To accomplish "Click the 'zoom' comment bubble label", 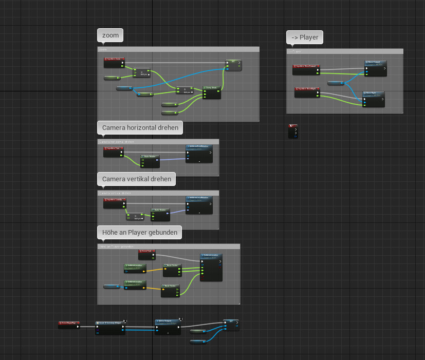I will coord(110,35).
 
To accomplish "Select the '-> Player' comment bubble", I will coord(305,37).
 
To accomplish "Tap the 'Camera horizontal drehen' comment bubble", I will coord(140,127).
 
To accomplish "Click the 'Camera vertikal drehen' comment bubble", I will coord(136,179).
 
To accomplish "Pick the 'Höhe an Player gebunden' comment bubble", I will coord(140,233).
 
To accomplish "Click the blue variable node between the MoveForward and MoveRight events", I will coord(336,83).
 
